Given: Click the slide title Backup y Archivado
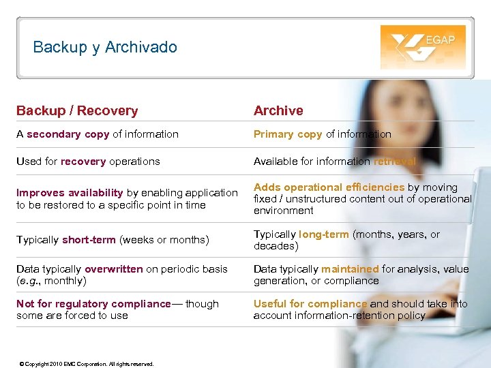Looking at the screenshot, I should [105, 47].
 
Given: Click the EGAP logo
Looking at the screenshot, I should [423, 47].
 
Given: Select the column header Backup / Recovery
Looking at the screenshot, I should [77, 110].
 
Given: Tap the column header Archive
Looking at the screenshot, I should [278, 110].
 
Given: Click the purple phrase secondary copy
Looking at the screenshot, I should [68, 134].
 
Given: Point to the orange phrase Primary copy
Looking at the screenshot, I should [288, 134].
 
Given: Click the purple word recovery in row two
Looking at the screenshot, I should [83, 162].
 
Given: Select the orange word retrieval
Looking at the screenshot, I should [395, 162].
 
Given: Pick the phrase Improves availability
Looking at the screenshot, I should [70, 193].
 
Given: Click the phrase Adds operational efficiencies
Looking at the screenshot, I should [329, 187].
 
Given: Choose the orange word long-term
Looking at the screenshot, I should [324, 234].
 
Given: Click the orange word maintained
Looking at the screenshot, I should [350, 269].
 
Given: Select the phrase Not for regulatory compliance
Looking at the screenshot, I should [93, 304].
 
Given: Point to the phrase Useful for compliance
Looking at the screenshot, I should [310, 304].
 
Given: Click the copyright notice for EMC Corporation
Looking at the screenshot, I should [87, 364].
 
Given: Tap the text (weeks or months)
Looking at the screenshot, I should [163, 239].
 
